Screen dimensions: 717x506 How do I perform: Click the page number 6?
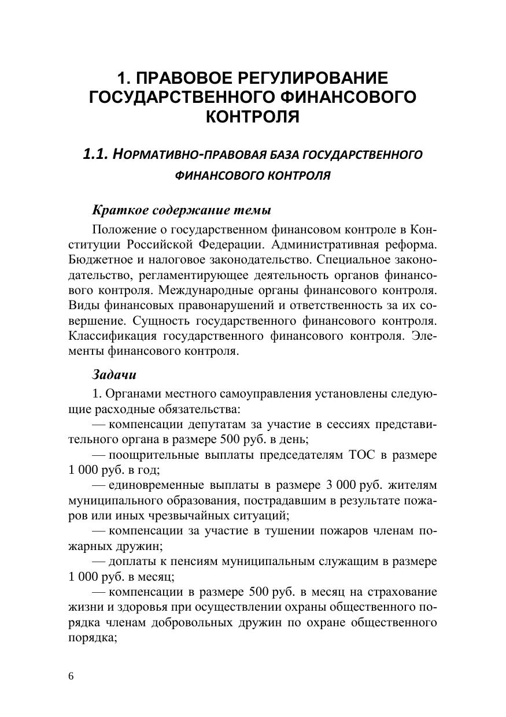(x=71, y=677)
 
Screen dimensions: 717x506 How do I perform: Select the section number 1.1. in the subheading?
(x=95, y=154)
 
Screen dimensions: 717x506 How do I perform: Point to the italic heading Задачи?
(x=115, y=374)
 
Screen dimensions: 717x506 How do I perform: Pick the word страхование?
(x=402, y=593)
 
